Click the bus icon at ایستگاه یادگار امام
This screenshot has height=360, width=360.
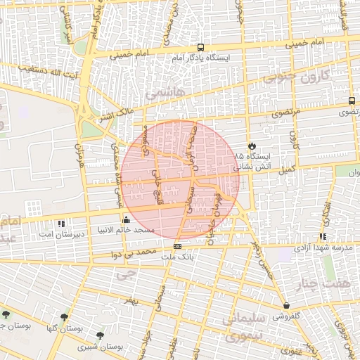[x=201, y=47]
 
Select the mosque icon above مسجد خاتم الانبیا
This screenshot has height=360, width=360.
[x=126, y=219]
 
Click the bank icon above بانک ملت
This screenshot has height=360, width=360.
[x=177, y=246]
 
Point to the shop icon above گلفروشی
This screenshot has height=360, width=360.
[x=286, y=306]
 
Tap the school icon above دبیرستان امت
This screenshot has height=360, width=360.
[x=61, y=223]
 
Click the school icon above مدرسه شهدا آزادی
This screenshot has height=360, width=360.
[x=323, y=237]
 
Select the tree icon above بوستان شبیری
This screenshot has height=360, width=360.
[x=99, y=335]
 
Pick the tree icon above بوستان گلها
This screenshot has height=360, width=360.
[x=65, y=318]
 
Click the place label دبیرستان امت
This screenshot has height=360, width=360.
[x=60, y=233]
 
